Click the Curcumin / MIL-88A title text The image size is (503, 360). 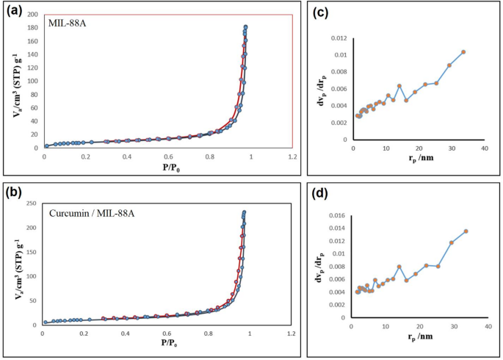94,214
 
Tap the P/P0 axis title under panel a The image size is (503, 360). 168,167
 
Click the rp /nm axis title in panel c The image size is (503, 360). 419,161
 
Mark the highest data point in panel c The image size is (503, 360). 463,51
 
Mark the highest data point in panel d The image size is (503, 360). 466,231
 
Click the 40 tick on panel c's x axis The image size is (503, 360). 485,149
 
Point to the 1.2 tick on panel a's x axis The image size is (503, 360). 293,156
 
